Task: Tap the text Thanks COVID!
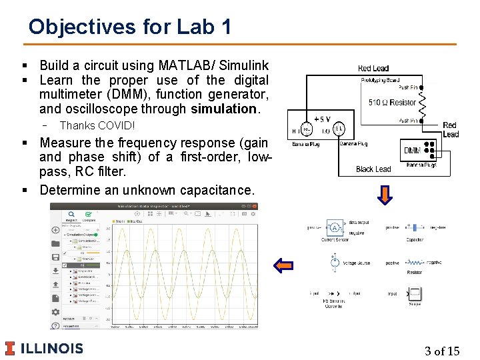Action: click(97, 125)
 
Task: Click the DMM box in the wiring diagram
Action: click(412, 150)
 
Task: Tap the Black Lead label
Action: click(373, 169)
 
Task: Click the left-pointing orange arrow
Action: click(283, 266)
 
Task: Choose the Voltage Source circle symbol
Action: click(333, 262)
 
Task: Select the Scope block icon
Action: click(415, 293)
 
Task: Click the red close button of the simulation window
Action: click(253, 207)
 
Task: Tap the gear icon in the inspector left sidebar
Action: click(56, 311)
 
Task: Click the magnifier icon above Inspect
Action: click(70, 215)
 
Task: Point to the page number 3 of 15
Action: click(441, 351)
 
